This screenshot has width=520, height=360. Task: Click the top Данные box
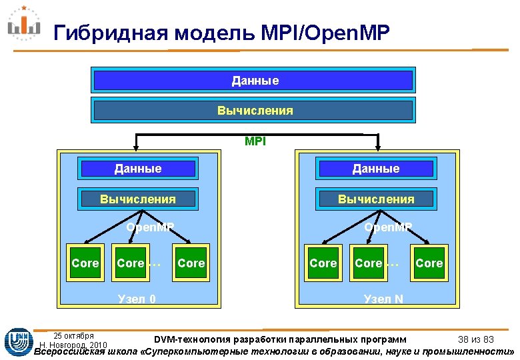pos(255,81)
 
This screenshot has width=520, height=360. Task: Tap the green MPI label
pos(255,141)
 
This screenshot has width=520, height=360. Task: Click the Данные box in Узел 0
pos(138,169)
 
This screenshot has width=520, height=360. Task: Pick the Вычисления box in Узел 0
pos(138,199)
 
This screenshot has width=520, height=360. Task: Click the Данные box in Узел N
pos(377,169)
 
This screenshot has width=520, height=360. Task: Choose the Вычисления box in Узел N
pos(377,199)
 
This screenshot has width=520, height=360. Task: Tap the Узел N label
pos(383,299)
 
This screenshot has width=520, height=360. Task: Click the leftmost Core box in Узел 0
pos(85,263)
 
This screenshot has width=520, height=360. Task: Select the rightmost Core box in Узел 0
pos(191,263)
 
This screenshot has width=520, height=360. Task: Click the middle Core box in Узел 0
pos(131,263)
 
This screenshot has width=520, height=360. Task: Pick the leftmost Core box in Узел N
pos(323,263)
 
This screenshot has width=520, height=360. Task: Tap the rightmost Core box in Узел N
pos(429,263)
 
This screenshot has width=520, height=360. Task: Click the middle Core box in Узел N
pos(369,263)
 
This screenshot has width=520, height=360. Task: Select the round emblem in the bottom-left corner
pos(16,341)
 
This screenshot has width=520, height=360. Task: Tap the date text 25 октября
pos(73,335)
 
